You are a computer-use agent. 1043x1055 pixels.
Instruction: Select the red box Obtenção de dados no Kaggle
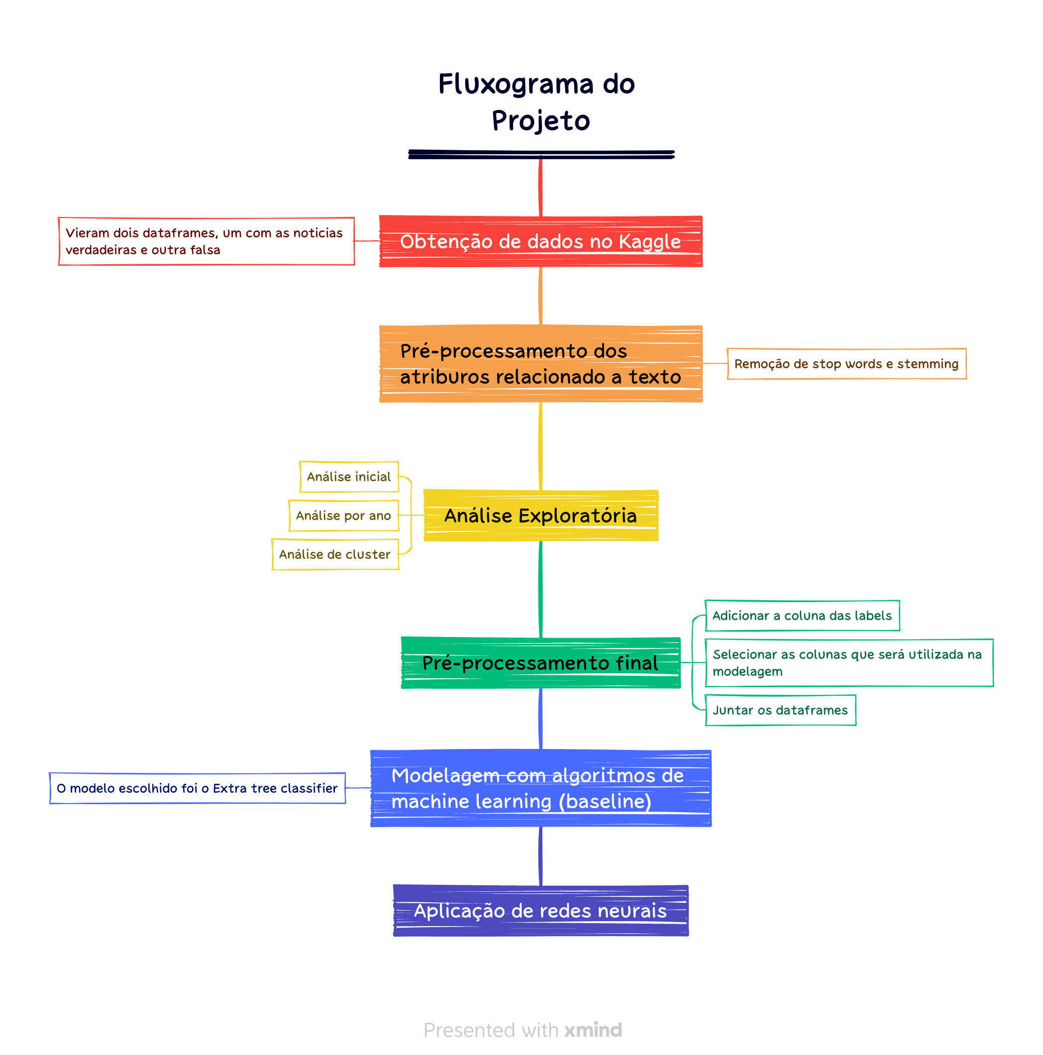[x=540, y=241]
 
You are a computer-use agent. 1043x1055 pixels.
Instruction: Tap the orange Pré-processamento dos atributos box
[x=540, y=364]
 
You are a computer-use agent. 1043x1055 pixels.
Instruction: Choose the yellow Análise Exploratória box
[x=540, y=516]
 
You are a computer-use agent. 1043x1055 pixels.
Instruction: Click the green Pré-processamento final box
[x=540, y=662]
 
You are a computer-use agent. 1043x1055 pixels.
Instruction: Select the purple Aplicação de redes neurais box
[x=540, y=910]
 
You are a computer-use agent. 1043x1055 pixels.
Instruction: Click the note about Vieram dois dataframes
[x=206, y=241]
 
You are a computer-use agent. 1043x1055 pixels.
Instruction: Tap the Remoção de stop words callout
[x=846, y=364]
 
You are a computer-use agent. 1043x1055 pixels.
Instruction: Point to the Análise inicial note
[x=348, y=477]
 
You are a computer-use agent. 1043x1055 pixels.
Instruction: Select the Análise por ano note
[x=343, y=516]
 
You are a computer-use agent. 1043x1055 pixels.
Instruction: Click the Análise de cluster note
[x=335, y=554]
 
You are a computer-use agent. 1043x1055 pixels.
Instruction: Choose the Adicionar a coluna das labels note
[x=802, y=616]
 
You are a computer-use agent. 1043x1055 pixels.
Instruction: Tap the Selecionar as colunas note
[x=848, y=662]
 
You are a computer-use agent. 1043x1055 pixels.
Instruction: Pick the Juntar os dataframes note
[x=780, y=710]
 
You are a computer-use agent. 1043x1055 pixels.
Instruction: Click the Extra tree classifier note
[x=197, y=788]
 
